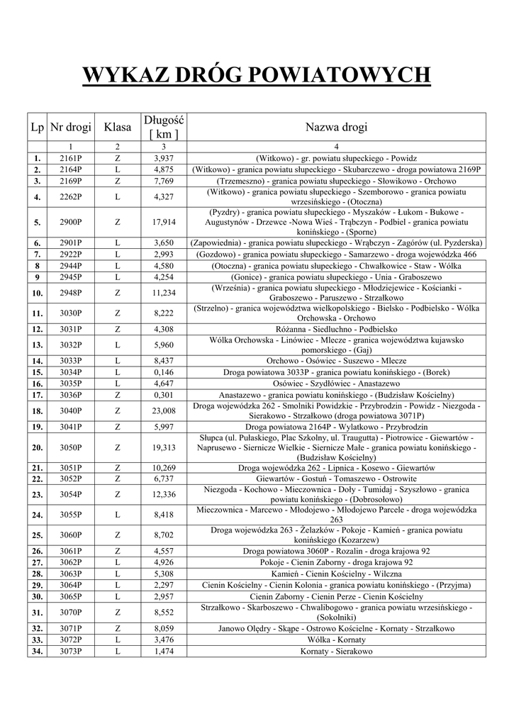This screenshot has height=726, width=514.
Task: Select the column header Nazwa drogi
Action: point(336,128)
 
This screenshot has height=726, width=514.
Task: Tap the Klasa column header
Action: point(118,128)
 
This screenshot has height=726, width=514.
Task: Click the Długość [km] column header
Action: point(164,128)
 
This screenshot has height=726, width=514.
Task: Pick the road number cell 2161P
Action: point(71,158)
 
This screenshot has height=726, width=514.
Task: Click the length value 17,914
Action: point(164,222)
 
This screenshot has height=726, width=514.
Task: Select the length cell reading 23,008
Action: point(164,411)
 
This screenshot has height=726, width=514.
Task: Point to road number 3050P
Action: point(71,447)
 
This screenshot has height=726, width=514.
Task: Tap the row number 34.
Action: point(37,651)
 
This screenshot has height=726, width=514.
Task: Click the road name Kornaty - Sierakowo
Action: point(336,651)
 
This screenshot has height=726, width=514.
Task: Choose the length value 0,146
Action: point(164,372)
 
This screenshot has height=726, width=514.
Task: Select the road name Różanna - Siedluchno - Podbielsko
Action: point(336,329)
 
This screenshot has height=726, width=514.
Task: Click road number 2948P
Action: point(71,292)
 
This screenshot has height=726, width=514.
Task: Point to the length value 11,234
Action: point(164,292)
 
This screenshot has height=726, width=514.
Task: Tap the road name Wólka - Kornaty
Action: point(336,640)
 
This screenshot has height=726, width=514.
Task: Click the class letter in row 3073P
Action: point(118,651)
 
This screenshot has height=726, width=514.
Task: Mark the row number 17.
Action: point(37,395)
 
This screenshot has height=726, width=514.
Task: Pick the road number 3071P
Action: point(71,628)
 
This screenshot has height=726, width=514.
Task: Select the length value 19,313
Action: point(164,447)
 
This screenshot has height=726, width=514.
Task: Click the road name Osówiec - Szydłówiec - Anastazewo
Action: point(336,383)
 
